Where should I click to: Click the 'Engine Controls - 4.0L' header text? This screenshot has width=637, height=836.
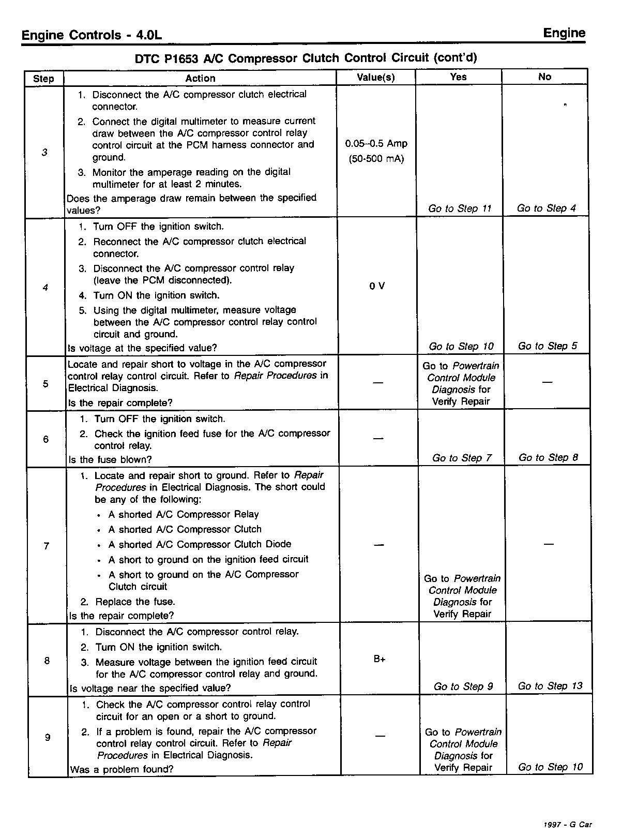(x=92, y=36)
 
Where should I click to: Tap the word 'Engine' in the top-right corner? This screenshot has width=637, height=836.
(x=564, y=34)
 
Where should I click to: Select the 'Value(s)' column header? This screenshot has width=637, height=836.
(x=376, y=78)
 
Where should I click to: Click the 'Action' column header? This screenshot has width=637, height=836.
(x=200, y=78)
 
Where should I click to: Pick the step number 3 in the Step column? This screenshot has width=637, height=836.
(x=44, y=153)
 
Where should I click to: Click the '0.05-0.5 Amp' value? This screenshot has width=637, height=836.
(x=376, y=143)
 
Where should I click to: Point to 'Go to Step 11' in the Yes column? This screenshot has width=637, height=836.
(x=460, y=208)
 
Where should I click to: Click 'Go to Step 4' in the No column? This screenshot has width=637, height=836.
(x=546, y=208)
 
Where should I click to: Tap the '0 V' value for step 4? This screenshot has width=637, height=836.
(x=377, y=286)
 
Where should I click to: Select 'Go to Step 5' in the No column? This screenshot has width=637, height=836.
(x=548, y=346)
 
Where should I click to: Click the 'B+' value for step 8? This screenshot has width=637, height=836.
(x=379, y=660)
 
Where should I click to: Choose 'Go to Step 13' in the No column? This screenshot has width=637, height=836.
(x=550, y=686)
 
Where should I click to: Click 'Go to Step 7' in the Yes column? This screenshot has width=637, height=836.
(x=462, y=458)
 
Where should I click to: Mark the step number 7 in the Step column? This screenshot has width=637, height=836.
(x=47, y=546)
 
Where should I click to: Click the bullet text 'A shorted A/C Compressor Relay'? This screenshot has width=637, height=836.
(x=183, y=514)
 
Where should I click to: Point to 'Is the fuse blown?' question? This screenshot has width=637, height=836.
(x=110, y=459)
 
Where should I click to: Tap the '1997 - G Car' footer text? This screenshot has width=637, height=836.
(x=568, y=825)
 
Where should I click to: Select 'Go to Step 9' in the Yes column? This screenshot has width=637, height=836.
(x=463, y=686)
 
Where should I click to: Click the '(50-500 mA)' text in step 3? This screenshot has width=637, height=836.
(x=376, y=159)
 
